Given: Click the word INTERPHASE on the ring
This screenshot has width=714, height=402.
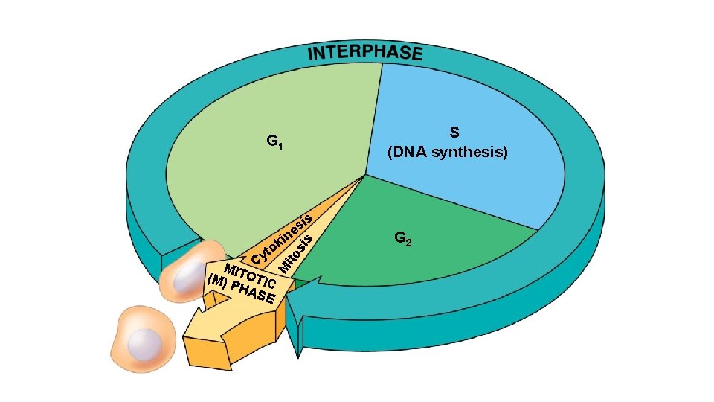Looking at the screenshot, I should [x=364, y=54].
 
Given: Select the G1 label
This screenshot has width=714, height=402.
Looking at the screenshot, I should [x=274, y=141].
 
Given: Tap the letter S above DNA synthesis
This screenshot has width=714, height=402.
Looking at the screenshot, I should [x=454, y=133].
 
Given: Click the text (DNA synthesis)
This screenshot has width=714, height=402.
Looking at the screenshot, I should [x=448, y=153].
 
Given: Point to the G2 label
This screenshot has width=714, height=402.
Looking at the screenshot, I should [x=404, y=239].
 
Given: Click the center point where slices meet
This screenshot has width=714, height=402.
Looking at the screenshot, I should [x=365, y=176].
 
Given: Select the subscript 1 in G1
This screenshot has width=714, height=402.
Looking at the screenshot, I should [x=280, y=147].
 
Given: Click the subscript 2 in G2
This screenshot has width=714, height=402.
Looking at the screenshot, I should [x=410, y=243].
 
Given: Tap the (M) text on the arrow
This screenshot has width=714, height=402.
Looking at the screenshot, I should [x=217, y=281].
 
